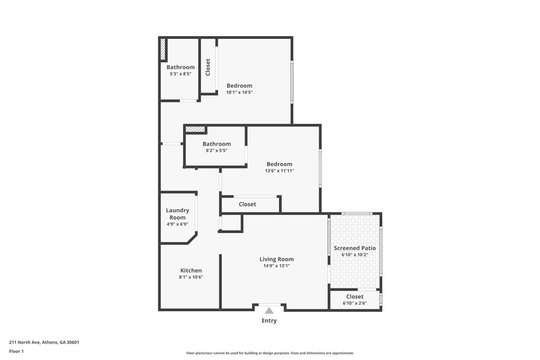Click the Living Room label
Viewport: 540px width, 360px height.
coord(276,259)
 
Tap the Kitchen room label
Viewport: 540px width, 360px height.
coord(191,270)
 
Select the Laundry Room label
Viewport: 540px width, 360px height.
coord(178,214)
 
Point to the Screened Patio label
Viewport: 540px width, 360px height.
coord(355,248)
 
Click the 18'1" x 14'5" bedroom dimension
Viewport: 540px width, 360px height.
coord(240,92)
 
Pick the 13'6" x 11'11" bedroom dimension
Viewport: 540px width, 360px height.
coord(279,171)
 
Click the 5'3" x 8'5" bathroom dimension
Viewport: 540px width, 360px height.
coord(180,74)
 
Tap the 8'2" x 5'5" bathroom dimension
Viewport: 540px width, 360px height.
coord(216,150)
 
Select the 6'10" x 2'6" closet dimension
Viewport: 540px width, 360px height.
coord(355,303)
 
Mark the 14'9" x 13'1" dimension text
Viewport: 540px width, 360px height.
coord(276,266)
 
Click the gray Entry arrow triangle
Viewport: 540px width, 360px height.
coord(269,311)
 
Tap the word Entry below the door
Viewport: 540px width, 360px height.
coord(269,321)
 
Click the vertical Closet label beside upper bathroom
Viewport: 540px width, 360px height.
coord(208,67)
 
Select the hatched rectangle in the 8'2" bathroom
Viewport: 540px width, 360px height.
coord(195,130)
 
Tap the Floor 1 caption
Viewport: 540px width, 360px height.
coord(16,351)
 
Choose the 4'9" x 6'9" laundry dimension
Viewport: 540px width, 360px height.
coord(178,224)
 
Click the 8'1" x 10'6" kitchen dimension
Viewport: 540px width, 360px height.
coord(191,277)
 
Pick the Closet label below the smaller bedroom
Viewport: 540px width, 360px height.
coord(247,204)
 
